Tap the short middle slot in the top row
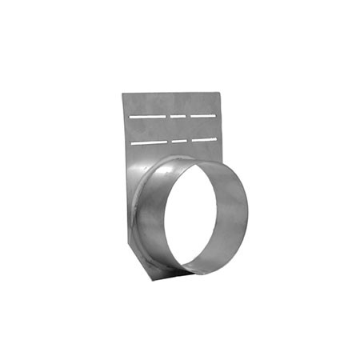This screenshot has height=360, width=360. (178, 115)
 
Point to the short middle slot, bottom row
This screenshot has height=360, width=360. (179, 141)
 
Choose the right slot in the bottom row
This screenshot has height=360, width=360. (203, 139)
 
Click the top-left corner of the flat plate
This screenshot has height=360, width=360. (122, 94)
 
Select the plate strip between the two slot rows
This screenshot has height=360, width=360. (172, 128)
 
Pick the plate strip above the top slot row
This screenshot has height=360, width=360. (172, 102)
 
